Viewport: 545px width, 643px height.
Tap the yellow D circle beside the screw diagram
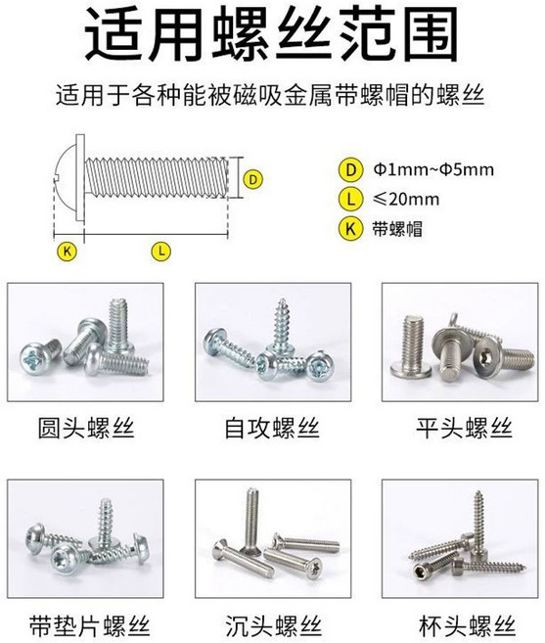(x=253, y=180)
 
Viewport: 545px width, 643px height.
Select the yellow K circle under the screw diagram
(x=68, y=251)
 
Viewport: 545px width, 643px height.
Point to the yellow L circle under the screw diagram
(x=161, y=251)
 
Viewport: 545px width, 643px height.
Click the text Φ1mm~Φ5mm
(x=433, y=169)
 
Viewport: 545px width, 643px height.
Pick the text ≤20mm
(x=406, y=200)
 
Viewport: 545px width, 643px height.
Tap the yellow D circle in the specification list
(x=351, y=169)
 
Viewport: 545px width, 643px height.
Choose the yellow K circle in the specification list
(x=351, y=228)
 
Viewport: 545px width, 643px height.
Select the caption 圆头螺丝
(x=86, y=428)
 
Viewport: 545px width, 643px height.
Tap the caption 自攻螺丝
(x=272, y=428)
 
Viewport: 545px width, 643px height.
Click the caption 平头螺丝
(x=464, y=428)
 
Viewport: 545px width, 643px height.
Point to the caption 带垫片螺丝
(x=90, y=626)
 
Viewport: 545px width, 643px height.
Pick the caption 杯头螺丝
(x=467, y=626)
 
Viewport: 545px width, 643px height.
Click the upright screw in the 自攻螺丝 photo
(x=282, y=327)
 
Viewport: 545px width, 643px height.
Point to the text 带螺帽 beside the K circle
(x=397, y=229)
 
